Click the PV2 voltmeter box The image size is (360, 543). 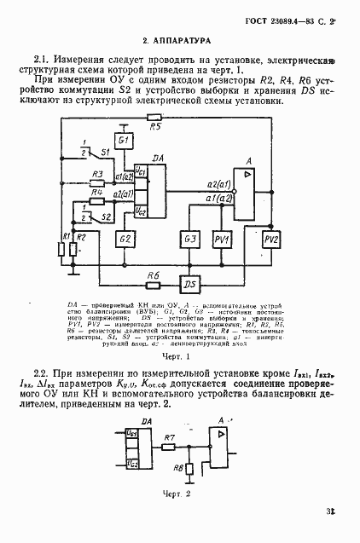coord(270,240)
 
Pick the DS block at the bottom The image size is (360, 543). coord(190,284)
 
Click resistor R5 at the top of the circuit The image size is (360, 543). coord(154,117)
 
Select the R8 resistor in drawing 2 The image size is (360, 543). coord(189,467)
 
